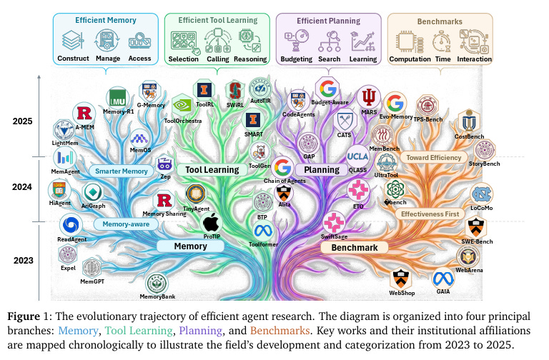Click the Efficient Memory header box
(x=105, y=21)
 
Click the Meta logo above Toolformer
(x=263, y=230)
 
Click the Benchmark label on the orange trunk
(x=355, y=247)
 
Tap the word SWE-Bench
(x=475, y=241)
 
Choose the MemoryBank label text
(x=158, y=296)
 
